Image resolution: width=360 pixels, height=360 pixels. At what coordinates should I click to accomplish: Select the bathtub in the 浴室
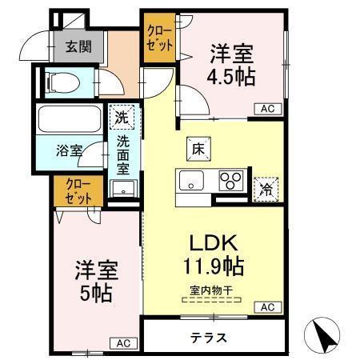[x=70, y=121]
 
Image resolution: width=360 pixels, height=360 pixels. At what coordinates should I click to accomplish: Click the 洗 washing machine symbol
[x=120, y=116]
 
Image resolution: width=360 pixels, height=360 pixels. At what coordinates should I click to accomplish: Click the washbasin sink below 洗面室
[x=123, y=190]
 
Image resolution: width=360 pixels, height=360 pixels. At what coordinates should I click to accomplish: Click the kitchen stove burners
[x=232, y=180]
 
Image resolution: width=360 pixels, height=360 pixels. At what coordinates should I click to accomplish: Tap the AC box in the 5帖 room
[x=122, y=342]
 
